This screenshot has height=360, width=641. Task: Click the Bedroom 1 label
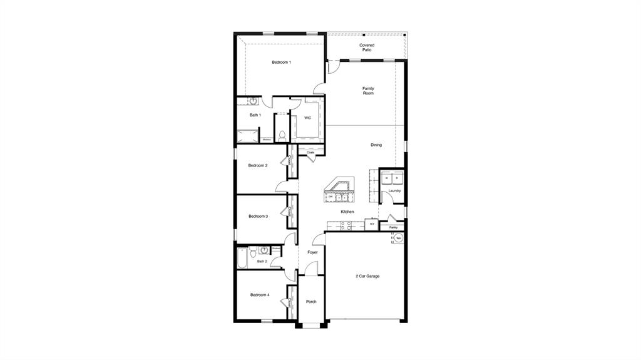[x=281, y=63]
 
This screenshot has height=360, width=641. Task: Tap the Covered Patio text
[x=366, y=48]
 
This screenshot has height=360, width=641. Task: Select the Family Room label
[x=368, y=91]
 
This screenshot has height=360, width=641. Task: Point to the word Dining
[x=376, y=145]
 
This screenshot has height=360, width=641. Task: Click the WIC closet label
[x=307, y=118]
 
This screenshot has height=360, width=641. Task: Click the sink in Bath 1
[x=254, y=101]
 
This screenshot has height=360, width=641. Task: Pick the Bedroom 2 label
[x=258, y=166]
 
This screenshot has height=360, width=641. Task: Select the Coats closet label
[x=310, y=152]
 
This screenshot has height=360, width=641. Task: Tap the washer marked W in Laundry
[x=387, y=178]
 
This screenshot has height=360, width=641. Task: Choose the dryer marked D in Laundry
[x=397, y=178]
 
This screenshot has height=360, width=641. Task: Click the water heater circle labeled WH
[x=398, y=239]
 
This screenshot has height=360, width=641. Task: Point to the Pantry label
[x=393, y=227]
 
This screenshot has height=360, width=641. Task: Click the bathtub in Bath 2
[x=243, y=257]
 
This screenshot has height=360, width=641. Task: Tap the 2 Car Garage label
[x=367, y=276]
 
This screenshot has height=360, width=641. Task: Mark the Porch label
[x=311, y=302]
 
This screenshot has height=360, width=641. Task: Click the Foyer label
[x=312, y=252]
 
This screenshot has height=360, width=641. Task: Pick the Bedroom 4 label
[x=260, y=295]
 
